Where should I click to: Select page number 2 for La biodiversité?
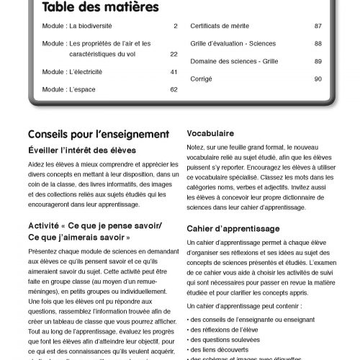pos(175,27)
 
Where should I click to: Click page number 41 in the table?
pos(174,72)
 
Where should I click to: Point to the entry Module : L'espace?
pos(68,89)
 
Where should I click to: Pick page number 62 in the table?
pos(174,89)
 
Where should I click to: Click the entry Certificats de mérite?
pos(220,27)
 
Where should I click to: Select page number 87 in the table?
pos(318,27)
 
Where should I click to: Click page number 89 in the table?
pos(318,61)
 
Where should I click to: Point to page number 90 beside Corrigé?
pos(318,78)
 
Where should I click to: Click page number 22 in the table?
pos(174,54)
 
